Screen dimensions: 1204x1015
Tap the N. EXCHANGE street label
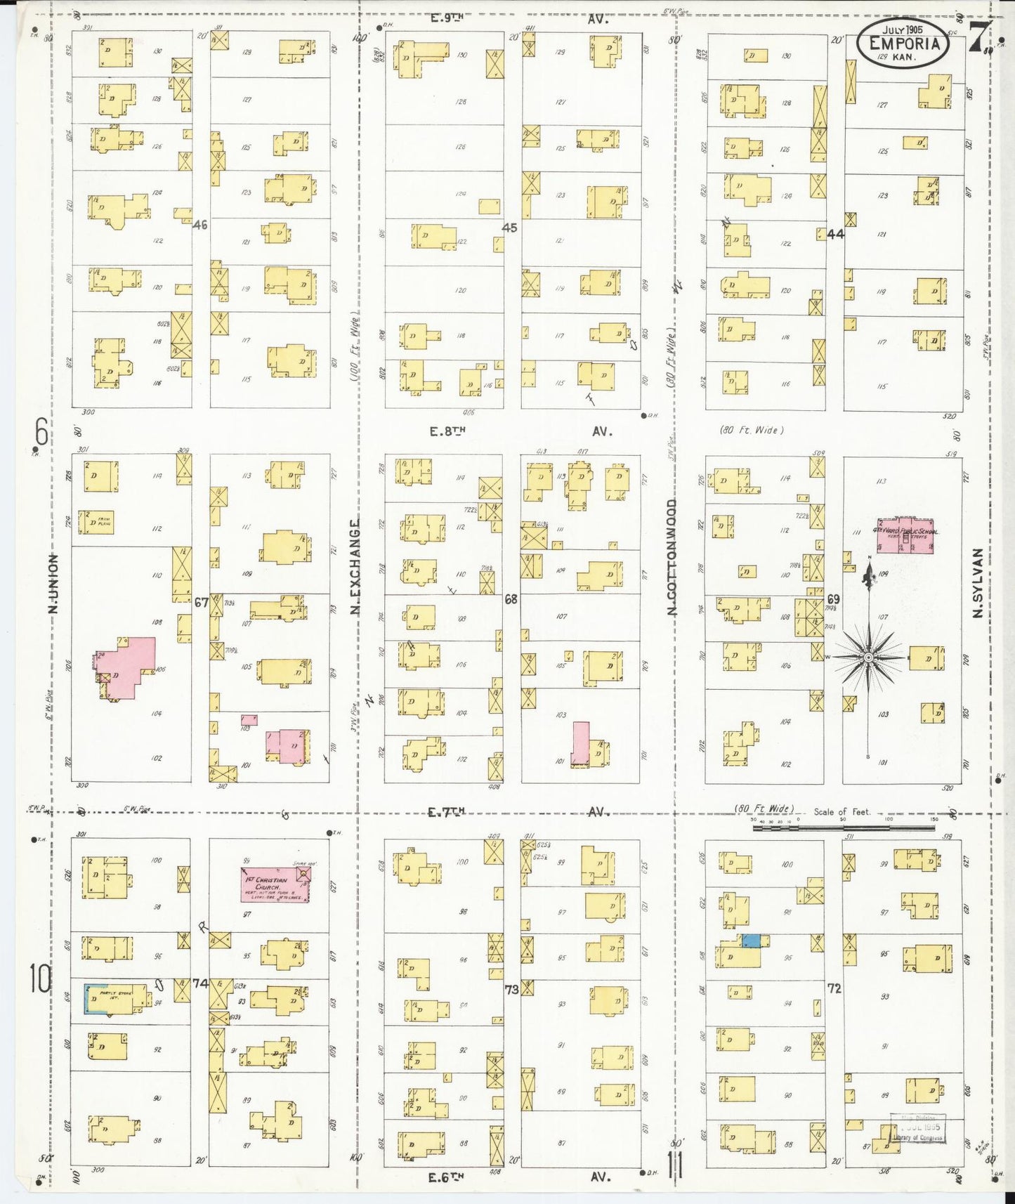point(355,568)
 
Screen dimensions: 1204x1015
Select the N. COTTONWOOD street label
point(672,558)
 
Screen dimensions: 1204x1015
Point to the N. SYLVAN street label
point(976,584)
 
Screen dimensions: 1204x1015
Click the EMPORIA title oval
point(903,43)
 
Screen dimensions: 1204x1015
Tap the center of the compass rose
point(868,657)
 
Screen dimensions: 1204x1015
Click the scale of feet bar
point(843,828)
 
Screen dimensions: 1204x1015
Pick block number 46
point(200,225)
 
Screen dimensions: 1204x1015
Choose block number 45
point(509,228)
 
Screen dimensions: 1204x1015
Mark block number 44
point(835,234)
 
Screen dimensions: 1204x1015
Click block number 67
point(202,602)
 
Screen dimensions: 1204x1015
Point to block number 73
point(511,990)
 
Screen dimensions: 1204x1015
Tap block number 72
point(834,988)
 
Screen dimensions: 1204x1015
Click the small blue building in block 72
point(751,941)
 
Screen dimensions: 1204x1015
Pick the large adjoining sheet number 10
point(40,979)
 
